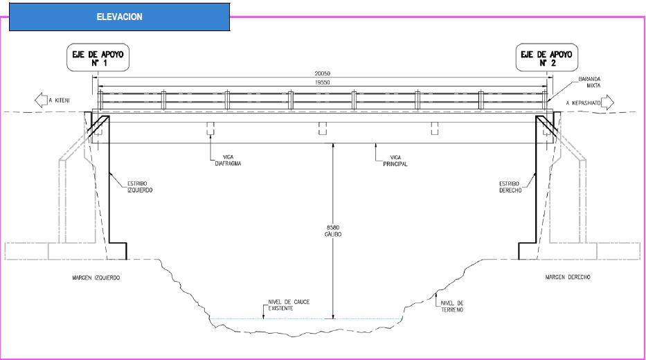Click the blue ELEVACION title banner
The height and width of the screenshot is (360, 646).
coord(120,17)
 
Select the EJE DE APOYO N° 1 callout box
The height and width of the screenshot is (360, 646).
coord(98,57)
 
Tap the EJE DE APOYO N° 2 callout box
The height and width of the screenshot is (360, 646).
coord(547,57)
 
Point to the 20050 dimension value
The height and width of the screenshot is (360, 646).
coord(322,73)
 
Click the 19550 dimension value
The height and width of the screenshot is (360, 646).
coord(322,82)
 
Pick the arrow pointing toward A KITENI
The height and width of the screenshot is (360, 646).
coord(41,100)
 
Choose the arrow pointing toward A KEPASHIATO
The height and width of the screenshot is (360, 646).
coord(608,102)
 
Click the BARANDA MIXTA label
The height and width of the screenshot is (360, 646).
coord(589,82)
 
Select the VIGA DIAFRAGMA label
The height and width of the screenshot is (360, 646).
coord(228,160)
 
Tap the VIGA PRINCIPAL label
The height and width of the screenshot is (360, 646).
coord(395,161)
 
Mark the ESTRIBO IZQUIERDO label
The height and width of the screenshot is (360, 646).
coord(140,187)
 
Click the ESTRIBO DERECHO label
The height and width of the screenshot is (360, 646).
coord(510,187)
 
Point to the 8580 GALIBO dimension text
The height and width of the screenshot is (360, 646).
coord(333,231)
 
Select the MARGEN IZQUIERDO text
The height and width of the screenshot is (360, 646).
coord(96,278)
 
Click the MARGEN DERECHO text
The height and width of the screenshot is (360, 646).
coord(568,277)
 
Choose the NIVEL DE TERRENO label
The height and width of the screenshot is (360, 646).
coord(452,307)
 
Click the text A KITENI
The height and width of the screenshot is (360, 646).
coord(59,100)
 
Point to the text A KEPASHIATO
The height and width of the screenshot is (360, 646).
coord(583,103)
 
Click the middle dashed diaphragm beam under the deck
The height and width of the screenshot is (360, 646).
coord(323,128)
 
